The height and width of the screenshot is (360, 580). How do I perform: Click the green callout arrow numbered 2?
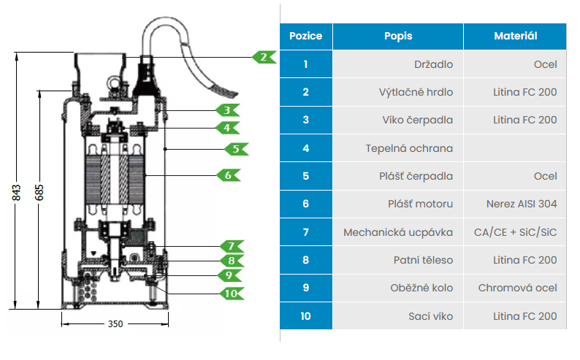click(x=264, y=56)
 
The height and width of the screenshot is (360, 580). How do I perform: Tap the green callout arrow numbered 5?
click(x=236, y=148)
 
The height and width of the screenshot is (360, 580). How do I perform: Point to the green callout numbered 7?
click(x=231, y=246)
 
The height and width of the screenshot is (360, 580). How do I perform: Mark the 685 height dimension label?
click(x=39, y=192)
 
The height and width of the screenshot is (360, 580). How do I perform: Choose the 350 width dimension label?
click(x=115, y=323)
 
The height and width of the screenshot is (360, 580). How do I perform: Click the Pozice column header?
click(x=306, y=36)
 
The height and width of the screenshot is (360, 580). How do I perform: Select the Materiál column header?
click(x=515, y=36)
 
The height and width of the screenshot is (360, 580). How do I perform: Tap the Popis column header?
click(x=398, y=36)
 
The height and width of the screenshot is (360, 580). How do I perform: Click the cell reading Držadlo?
click(x=434, y=64)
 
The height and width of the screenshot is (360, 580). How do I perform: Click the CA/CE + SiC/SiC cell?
click(x=515, y=232)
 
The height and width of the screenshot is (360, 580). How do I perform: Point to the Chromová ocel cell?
click(x=517, y=288)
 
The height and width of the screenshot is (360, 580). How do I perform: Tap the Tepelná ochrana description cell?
click(x=409, y=148)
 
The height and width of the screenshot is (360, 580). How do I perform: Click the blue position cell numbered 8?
click(x=306, y=260)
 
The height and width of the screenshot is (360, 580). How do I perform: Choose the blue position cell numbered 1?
click(x=306, y=64)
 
